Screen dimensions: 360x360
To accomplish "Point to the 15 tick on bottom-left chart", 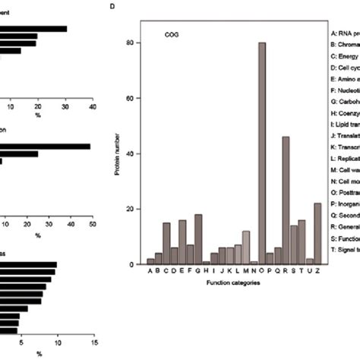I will point(93,342).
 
